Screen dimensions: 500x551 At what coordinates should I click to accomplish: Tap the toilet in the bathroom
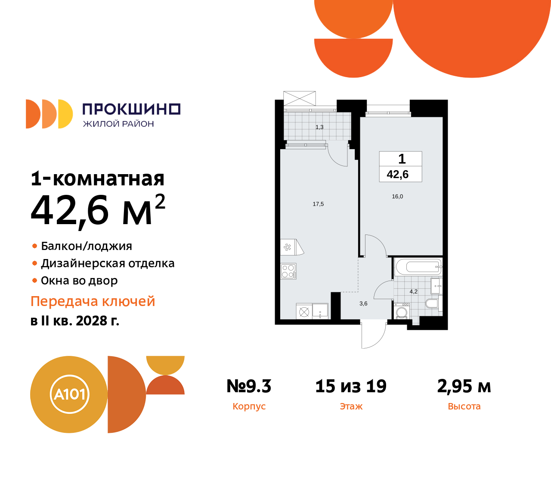(431, 303)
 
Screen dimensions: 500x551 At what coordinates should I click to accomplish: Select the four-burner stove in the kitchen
(288, 271)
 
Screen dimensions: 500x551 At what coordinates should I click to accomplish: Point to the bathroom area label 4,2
(413, 292)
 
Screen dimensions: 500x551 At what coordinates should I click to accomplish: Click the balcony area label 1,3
(319, 127)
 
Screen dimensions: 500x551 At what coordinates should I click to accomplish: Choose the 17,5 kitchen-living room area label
(318, 204)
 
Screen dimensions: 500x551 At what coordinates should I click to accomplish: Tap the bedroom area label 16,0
(397, 197)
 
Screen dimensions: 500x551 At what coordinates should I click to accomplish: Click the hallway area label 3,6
(363, 304)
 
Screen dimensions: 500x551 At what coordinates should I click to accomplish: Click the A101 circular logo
(69, 394)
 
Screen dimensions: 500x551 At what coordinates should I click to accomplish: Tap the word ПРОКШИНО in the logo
(131, 109)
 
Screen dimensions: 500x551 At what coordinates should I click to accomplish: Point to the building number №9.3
(249, 386)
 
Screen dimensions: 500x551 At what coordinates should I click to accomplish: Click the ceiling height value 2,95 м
(464, 386)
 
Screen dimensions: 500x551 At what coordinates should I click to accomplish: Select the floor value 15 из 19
(351, 386)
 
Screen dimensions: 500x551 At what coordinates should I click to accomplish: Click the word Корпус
(249, 406)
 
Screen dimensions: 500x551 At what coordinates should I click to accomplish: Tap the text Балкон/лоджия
(86, 246)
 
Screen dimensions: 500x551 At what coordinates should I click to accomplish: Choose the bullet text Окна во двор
(79, 281)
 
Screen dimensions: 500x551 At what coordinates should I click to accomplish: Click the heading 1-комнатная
(98, 178)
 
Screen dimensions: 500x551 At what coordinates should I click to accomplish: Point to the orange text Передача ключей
(93, 301)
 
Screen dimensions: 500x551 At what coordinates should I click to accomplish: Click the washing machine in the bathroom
(402, 312)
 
